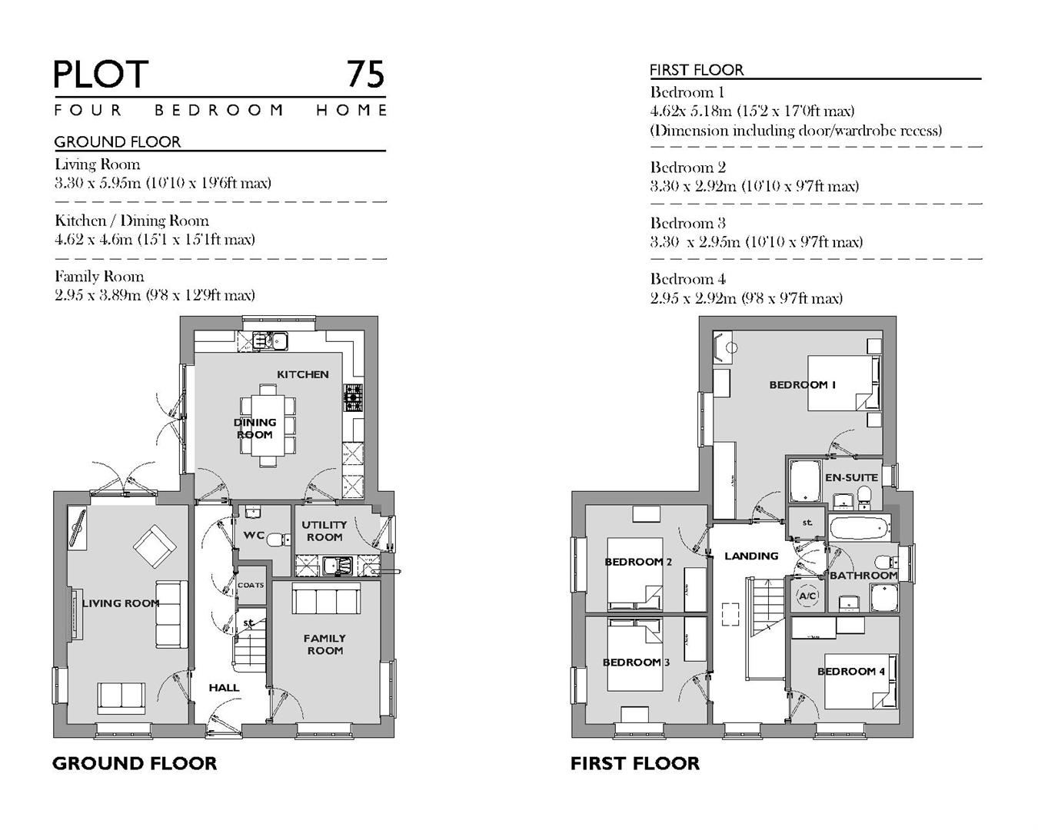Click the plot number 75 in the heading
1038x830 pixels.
coord(364,75)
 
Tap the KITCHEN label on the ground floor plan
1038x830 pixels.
coord(302,374)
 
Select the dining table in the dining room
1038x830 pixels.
coord(265,427)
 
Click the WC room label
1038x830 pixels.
coord(254,535)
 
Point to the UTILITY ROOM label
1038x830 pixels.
coord(324,531)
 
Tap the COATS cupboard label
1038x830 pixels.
coord(251,585)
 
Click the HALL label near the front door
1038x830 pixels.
coord(224,688)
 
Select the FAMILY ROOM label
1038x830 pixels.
coord(324,644)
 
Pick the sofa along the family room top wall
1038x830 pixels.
coord(325,598)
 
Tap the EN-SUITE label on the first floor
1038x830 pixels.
coord(850,477)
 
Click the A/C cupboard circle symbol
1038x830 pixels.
coord(807,596)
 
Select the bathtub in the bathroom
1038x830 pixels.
coord(860,527)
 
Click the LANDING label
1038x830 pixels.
coord(751,556)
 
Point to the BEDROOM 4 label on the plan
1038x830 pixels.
coord(850,671)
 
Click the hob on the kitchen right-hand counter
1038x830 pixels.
coord(353,395)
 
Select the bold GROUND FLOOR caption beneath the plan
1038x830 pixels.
coord(135,763)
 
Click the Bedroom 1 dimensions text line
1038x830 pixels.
coord(752,111)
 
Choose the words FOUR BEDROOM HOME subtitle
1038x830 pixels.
coord(220,110)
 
